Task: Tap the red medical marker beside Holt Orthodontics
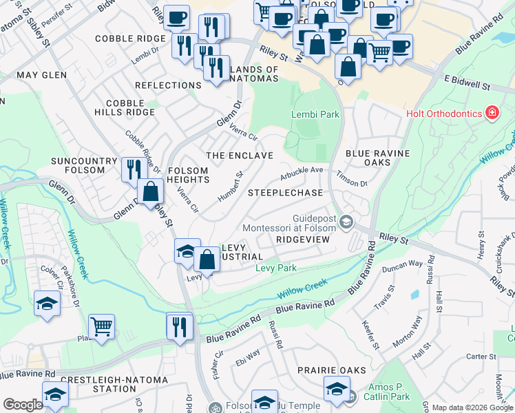pyautogui.click(x=492, y=112)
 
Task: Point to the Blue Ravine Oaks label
pyautogui.click(x=377, y=158)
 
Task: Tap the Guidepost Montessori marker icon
pyautogui.click(x=346, y=222)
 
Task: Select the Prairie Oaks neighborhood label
pyautogui.click(x=332, y=370)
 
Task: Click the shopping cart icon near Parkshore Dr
pyautogui.click(x=101, y=327)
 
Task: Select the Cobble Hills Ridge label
pyautogui.click(x=130, y=107)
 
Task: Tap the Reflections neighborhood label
pyautogui.click(x=168, y=85)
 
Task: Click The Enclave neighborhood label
pyautogui.click(x=240, y=156)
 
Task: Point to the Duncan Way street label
pyautogui.click(x=403, y=264)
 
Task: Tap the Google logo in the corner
pyautogui.click(x=23, y=404)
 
